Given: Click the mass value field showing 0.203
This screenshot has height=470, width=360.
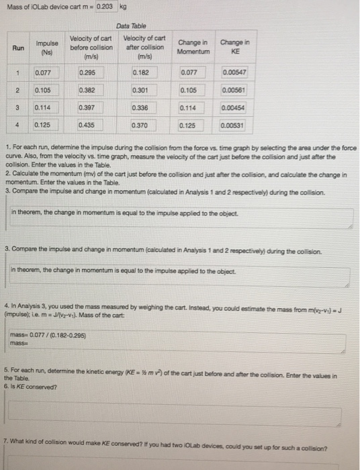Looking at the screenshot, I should point(105,6).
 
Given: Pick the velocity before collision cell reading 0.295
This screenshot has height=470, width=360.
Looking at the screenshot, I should point(96,72).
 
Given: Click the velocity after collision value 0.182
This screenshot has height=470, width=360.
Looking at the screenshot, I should point(149,72).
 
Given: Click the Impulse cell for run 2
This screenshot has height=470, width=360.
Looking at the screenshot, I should point(50,89).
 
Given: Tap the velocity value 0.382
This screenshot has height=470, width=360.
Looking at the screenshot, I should point(96,89).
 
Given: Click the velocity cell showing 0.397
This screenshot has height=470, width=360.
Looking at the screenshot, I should point(96,107).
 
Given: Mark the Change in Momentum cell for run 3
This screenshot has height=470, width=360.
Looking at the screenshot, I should point(195,107).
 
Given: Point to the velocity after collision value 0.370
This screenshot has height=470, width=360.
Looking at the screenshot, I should point(149,124).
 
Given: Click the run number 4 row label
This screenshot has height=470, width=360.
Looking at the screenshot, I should point(17,124).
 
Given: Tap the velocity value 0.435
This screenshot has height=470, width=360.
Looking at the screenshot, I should point(96,124).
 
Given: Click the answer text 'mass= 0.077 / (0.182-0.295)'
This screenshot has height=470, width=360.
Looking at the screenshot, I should point(49,336).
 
